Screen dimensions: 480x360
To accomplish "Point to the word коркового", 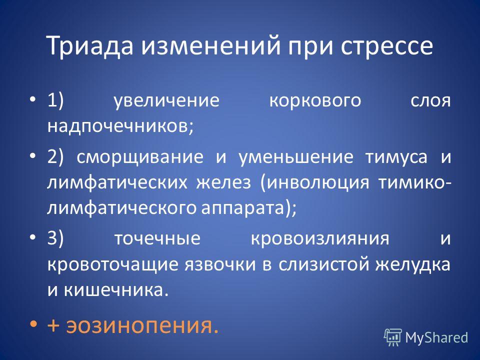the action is pos(315,101).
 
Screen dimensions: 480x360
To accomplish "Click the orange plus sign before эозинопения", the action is pos(53,325).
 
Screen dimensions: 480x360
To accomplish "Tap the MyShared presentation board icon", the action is pos(393,337).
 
